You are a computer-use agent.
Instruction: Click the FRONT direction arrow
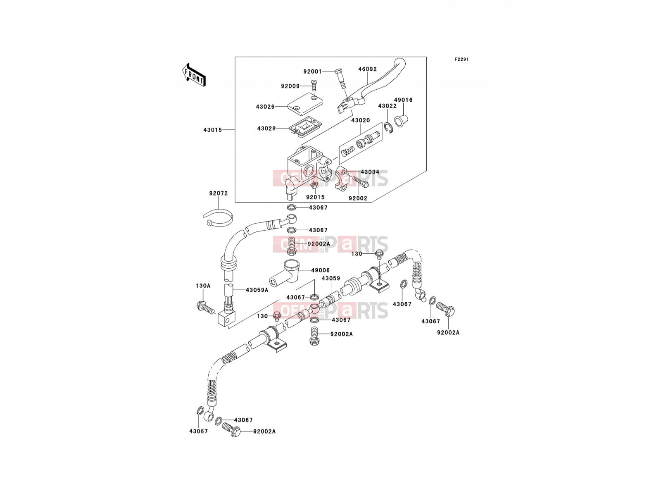194,75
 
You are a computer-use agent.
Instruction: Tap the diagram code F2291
461,60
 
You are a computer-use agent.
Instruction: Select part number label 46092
367,69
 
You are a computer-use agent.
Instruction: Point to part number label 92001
313,72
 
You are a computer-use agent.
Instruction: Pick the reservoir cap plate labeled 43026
305,104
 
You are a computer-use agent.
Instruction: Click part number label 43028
266,129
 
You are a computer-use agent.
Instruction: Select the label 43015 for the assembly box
213,130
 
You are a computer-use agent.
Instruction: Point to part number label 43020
361,120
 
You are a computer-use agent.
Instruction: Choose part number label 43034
370,172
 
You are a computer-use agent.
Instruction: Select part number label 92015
315,197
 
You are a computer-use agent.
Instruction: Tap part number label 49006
321,270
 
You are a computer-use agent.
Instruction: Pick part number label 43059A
257,290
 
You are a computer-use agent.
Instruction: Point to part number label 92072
219,193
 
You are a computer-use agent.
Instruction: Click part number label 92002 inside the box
358,198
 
